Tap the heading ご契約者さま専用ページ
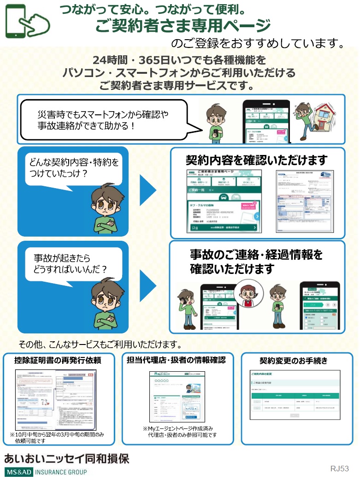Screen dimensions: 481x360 click(x=183, y=26)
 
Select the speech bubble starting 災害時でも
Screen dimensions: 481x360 click(x=106, y=119)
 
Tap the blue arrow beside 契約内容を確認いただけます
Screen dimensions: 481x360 click(x=148, y=190)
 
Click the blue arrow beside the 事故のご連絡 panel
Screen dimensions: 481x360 click(x=148, y=286)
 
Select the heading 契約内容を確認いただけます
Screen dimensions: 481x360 click(x=256, y=160)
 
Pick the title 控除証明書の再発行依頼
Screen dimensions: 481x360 click(x=58, y=360)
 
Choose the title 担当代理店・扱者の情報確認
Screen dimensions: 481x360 click(x=177, y=360)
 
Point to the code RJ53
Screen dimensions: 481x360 click(x=339, y=469)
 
